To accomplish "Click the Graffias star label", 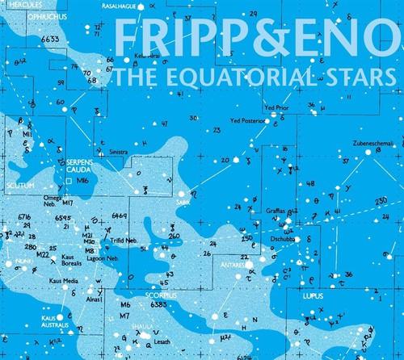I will pyautogui.click(x=275, y=211).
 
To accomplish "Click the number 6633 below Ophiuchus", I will pyautogui.click(x=50, y=38).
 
